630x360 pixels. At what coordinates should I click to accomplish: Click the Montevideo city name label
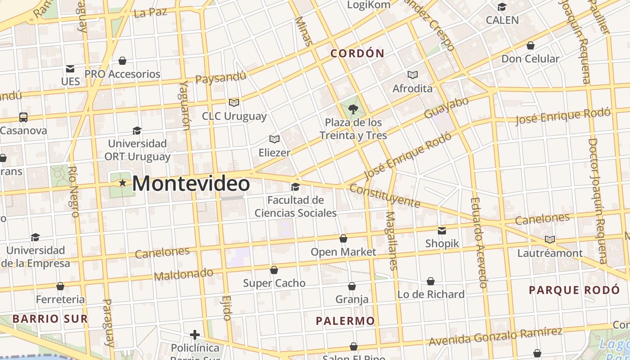(x=191, y=184)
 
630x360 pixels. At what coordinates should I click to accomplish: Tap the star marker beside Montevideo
(x=122, y=183)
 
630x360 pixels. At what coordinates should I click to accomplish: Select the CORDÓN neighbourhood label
(x=357, y=54)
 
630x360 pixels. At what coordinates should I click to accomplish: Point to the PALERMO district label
(x=345, y=321)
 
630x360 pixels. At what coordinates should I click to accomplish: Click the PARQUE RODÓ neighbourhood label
(x=574, y=290)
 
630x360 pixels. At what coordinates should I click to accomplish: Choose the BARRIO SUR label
(x=50, y=319)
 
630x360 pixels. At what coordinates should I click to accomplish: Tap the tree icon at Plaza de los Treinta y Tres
(x=353, y=109)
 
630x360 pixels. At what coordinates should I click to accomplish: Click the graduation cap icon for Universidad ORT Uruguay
(x=137, y=131)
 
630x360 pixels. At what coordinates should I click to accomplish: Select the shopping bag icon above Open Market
(x=343, y=238)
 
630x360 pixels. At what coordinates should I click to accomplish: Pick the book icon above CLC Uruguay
(x=234, y=103)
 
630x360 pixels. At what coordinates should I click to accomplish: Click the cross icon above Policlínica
(x=195, y=335)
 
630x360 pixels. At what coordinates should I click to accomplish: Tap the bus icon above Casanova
(x=23, y=117)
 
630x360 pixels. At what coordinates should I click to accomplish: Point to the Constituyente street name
(x=385, y=196)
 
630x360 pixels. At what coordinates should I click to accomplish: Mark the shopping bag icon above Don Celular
(x=531, y=45)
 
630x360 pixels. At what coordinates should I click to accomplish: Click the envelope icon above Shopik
(x=442, y=230)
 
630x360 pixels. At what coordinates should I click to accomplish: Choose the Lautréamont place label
(x=550, y=253)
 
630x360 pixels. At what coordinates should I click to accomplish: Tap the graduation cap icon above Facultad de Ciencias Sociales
(x=295, y=187)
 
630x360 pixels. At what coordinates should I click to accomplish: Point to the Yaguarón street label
(x=185, y=105)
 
